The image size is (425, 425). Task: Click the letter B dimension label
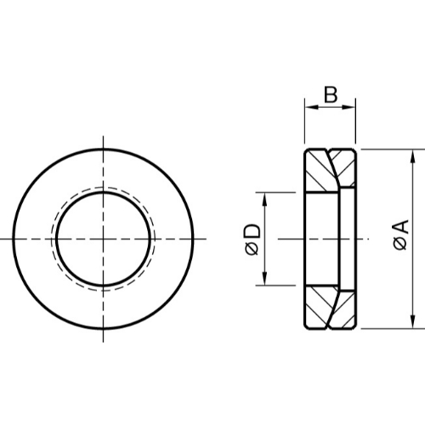click(x=331, y=94)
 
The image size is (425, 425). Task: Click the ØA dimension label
click(x=401, y=235)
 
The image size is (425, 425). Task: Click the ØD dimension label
click(x=252, y=240)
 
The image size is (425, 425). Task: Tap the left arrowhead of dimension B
click(x=310, y=107)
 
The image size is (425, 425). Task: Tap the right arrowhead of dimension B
click(x=349, y=107)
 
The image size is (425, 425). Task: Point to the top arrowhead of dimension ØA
click(x=413, y=156)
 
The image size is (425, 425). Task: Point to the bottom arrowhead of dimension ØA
click(x=413, y=322)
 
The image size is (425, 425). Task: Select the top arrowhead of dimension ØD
click(x=264, y=199)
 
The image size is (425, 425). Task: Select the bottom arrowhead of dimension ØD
click(x=264, y=279)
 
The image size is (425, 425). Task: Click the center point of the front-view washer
click(x=103, y=239)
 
